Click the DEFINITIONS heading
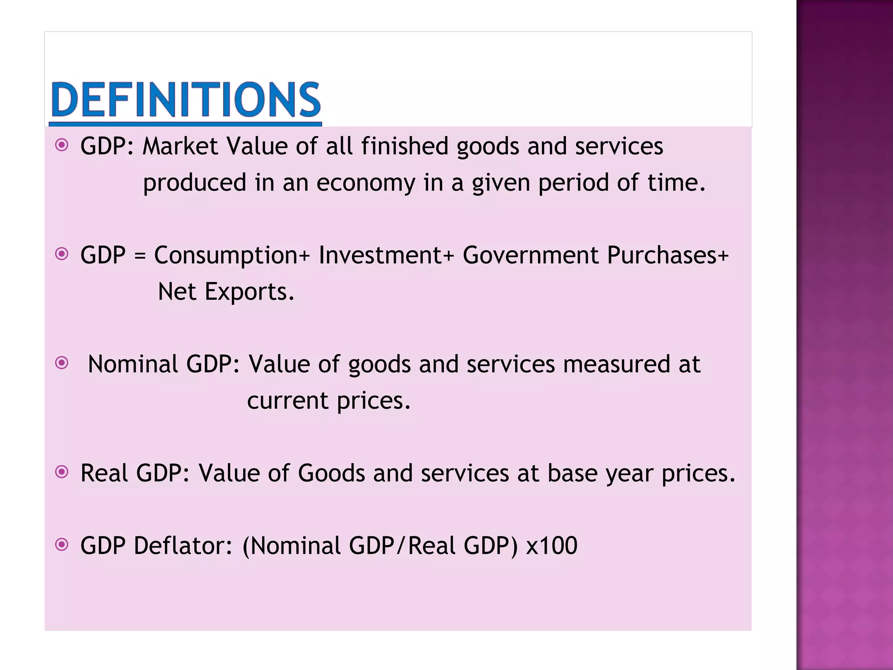point(186,100)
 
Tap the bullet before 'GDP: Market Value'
point(62,145)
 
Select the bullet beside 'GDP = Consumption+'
point(62,254)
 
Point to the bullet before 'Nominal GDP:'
point(62,362)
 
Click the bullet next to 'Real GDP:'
point(62,472)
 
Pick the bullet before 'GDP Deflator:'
point(62,544)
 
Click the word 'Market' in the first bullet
point(180,146)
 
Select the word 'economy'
point(366,183)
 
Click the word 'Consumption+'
point(232,256)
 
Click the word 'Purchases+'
point(668,255)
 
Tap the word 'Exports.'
point(249,292)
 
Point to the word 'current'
point(287,401)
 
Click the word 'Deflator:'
point(183,546)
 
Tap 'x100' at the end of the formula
point(552,546)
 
